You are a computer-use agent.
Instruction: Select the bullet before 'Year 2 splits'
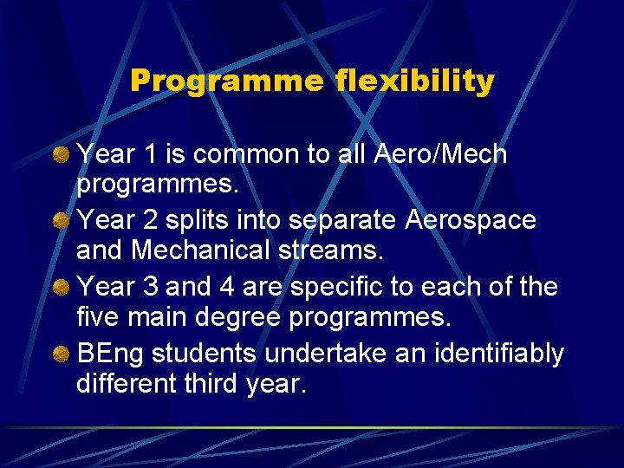(62, 221)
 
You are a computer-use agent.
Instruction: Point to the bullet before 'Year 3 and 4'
(62, 287)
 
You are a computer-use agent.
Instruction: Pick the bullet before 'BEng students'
(62, 354)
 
